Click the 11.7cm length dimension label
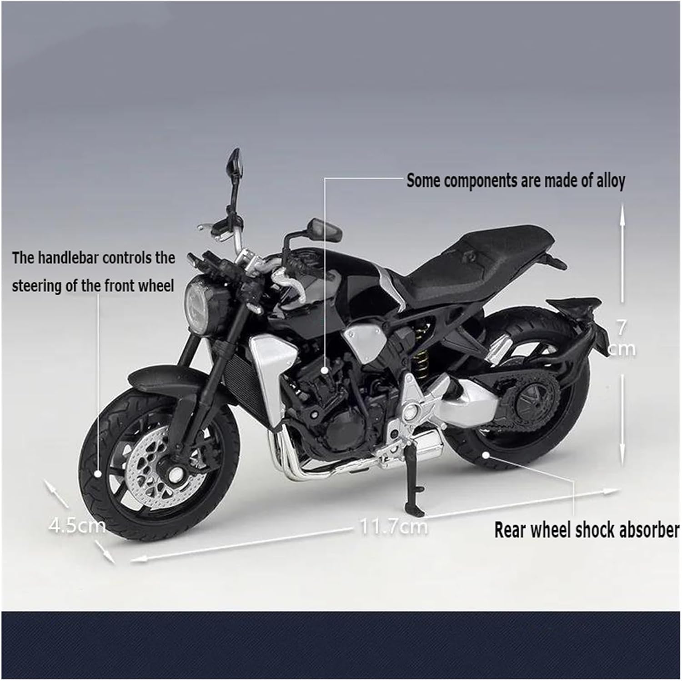(x=394, y=527)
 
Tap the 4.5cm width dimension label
(x=77, y=526)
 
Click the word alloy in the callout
(x=611, y=181)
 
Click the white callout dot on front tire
(x=98, y=474)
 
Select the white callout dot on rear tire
(x=487, y=454)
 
